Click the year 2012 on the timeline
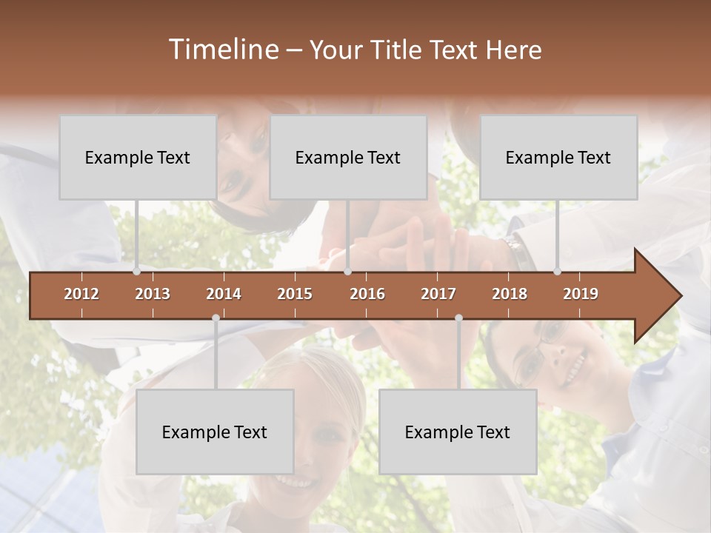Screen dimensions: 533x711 click(x=81, y=294)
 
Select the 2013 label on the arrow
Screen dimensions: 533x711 click(x=153, y=294)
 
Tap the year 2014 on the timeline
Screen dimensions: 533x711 click(x=224, y=294)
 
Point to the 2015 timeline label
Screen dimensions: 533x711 click(x=295, y=294)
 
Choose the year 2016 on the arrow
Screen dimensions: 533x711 click(x=367, y=294)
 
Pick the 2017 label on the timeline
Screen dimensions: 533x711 click(x=438, y=294)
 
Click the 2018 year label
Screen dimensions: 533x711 click(x=510, y=294)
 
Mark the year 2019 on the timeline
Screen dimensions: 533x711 click(x=581, y=294)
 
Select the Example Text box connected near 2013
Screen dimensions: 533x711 click(x=138, y=157)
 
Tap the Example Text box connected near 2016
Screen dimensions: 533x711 click(x=348, y=157)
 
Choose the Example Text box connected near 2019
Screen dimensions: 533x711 click(x=558, y=157)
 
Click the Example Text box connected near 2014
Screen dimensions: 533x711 click(x=215, y=432)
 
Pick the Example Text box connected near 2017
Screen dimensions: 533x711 click(x=458, y=432)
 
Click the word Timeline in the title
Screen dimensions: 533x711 click(x=221, y=50)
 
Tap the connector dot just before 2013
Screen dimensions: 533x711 click(x=137, y=272)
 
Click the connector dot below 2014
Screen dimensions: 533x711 click(x=216, y=318)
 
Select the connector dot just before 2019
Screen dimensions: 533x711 click(x=558, y=272)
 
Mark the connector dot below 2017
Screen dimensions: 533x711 click(x=458, y=318)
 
